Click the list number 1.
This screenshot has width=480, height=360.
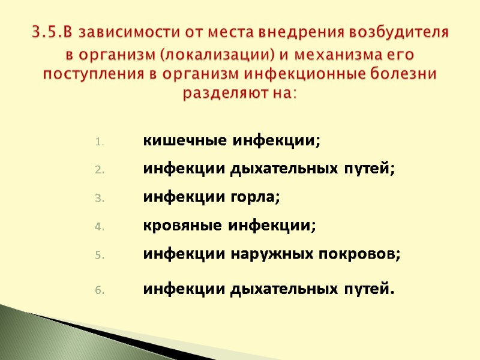pos(100,142)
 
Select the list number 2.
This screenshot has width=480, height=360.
pos(100,170)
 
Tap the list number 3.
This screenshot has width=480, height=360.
pos(100,199)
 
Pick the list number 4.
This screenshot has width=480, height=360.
pos(100,227)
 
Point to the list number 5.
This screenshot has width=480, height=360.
pos(100,255)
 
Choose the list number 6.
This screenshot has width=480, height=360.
pos(100,291)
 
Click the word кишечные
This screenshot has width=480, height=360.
pos(176,142)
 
